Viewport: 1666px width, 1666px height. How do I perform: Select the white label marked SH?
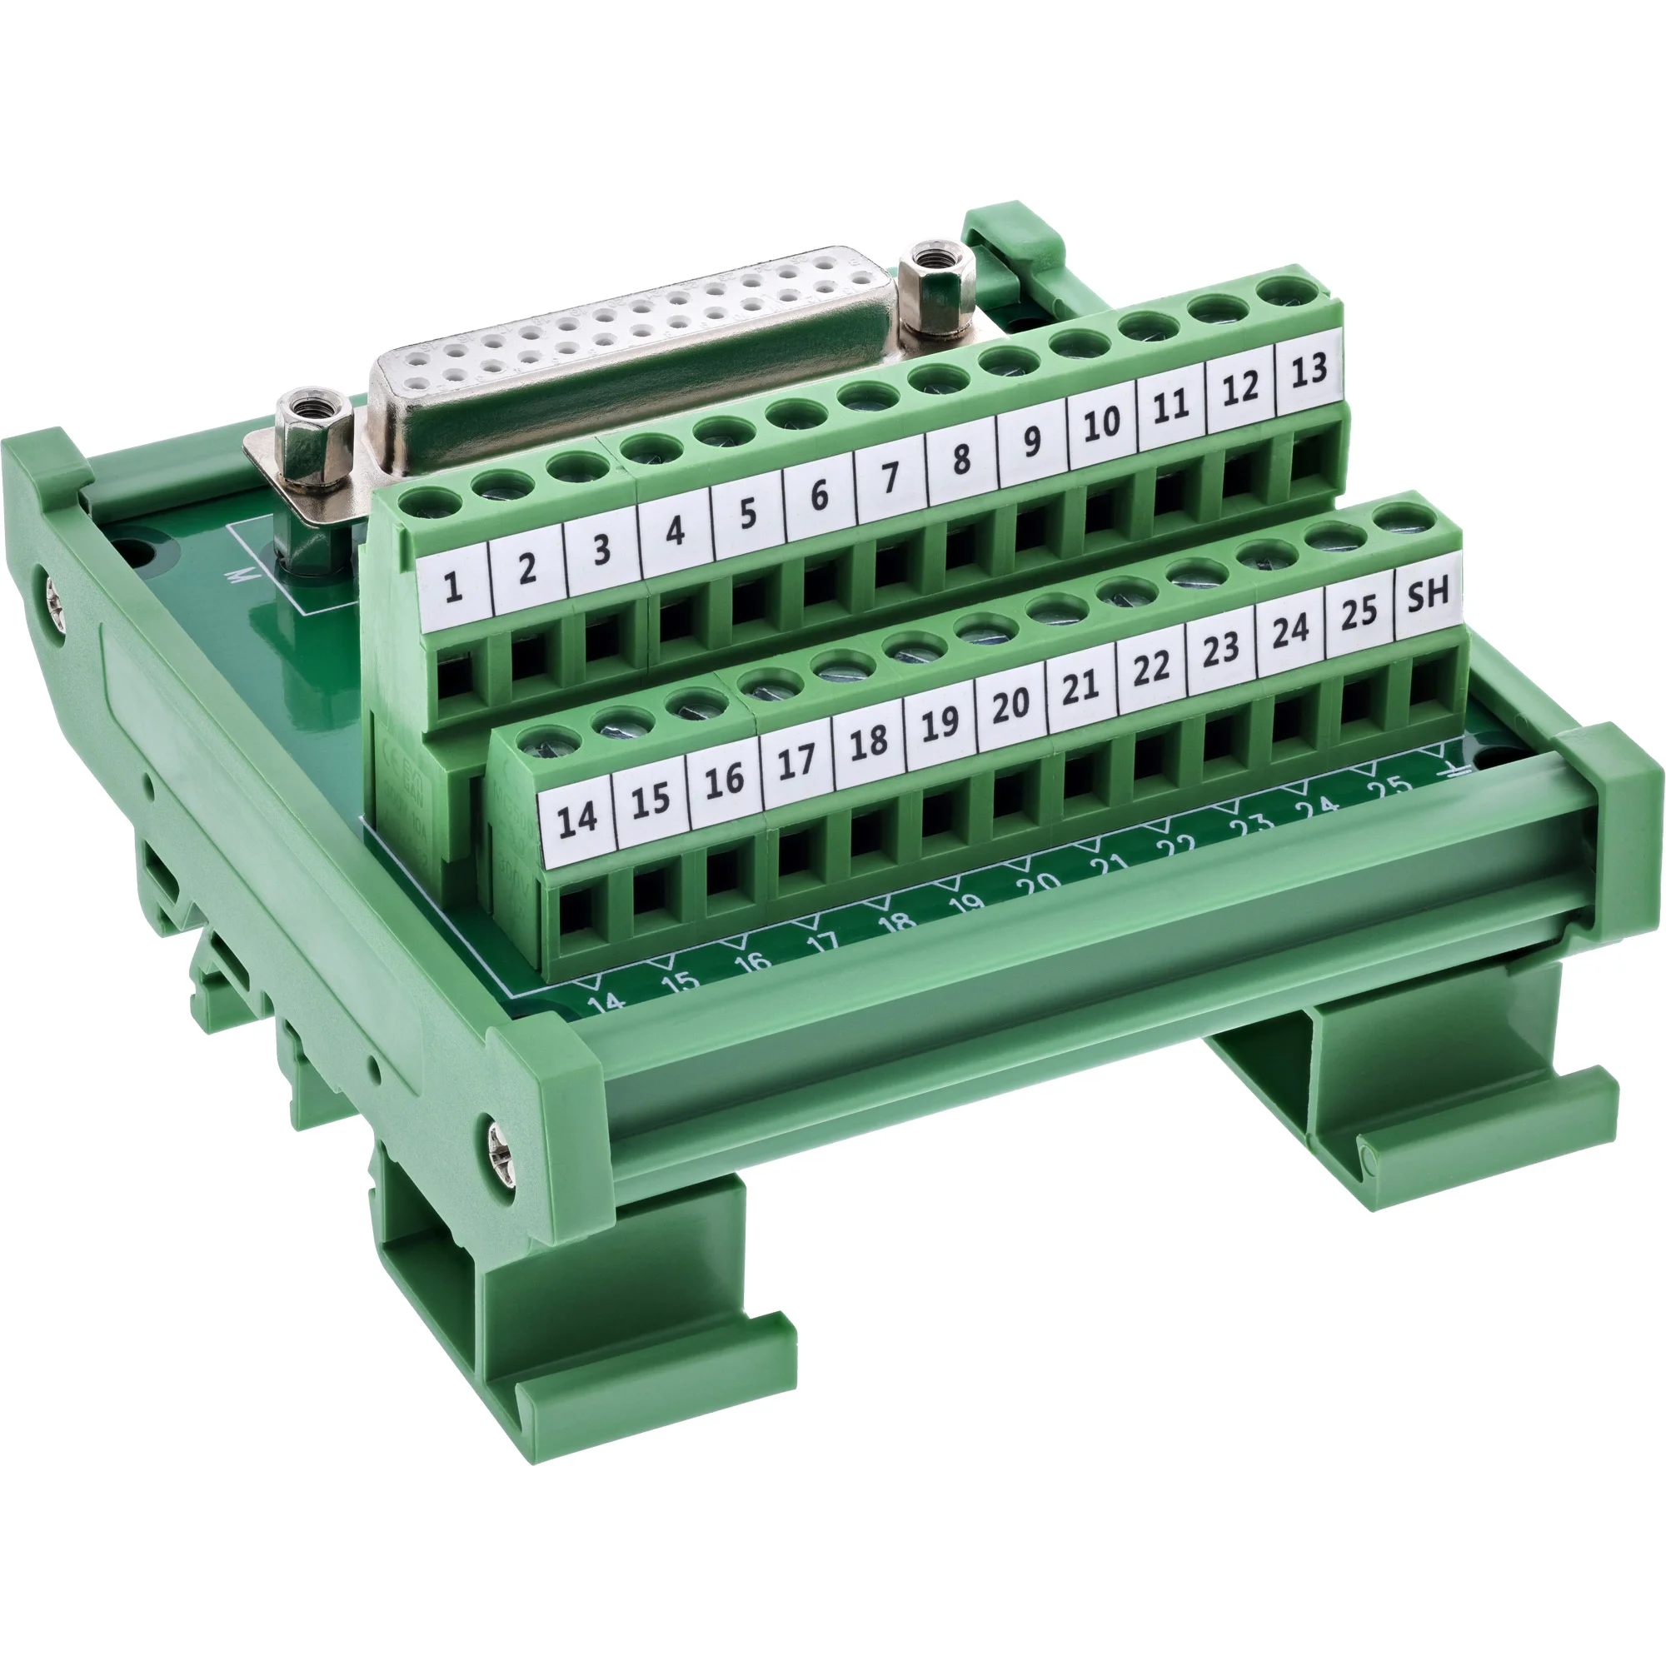(1427, 596)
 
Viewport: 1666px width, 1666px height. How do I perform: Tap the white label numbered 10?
(1101, 424)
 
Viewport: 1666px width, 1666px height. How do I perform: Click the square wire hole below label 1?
(456, 676)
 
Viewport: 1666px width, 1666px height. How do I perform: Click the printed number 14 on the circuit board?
(606, 1001)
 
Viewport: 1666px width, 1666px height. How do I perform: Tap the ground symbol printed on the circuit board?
(1452, 773)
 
